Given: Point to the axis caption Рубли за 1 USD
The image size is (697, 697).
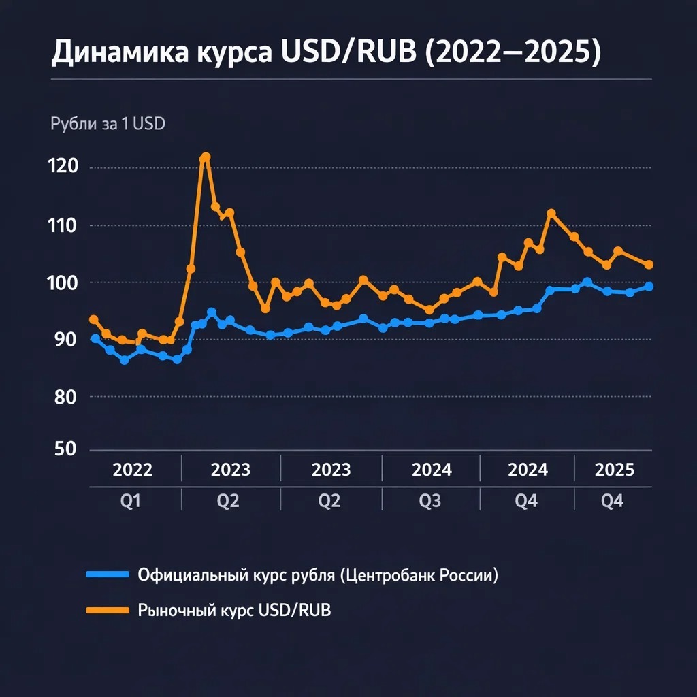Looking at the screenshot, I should click(108, 125).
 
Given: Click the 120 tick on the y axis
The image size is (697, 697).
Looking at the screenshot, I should click(67, 167).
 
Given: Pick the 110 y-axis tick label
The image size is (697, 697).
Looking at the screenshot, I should click(67, 225).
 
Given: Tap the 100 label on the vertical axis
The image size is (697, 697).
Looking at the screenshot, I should click(67, 282).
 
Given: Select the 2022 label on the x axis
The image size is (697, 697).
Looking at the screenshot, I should click(133, 470).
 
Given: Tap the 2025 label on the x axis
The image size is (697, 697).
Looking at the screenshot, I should click(615, 470).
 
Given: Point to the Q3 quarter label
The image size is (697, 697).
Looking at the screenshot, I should click(430, 502).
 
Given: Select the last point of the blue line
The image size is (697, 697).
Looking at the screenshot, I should click(649, 287).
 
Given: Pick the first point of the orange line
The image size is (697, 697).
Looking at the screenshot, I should click(94, 319).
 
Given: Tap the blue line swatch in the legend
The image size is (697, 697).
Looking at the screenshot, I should click(108, 575).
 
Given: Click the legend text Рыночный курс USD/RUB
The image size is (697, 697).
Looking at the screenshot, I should click(235, 610).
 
